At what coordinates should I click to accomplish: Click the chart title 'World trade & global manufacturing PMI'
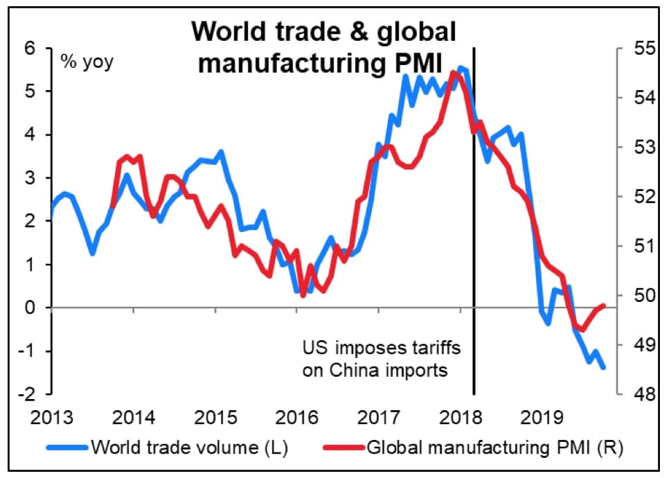point(324,47)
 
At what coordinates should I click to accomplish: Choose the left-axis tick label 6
point(30,48)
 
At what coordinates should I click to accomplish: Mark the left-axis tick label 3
point(30,178)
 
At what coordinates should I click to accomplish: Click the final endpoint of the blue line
point(603,368)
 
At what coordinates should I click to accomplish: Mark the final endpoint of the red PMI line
point(605,306)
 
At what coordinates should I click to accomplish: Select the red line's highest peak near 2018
point(453,71)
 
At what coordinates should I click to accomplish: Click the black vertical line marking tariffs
point(474,208)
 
